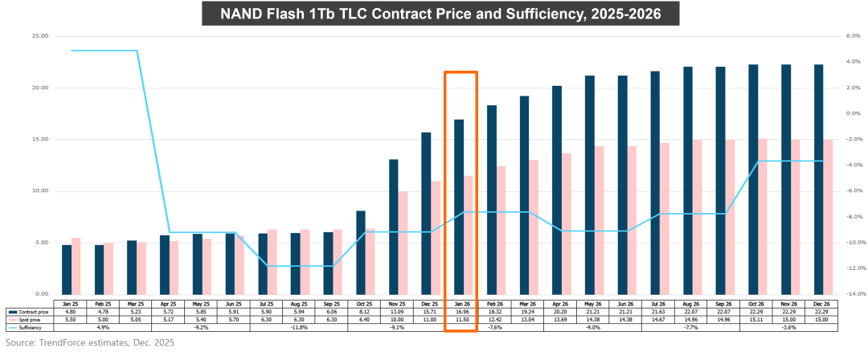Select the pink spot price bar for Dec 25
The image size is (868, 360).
[436, 237]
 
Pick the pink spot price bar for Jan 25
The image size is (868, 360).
[76, 265]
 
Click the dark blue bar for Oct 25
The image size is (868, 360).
[361, 252]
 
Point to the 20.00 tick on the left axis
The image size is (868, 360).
[39, 88]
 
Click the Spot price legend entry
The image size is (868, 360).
[28, 320]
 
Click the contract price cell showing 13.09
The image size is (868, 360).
[396, 313]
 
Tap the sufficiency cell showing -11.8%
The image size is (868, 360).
[298, 327]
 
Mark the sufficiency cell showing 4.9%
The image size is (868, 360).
[102, 327]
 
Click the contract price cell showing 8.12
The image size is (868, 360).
[363, 313]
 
